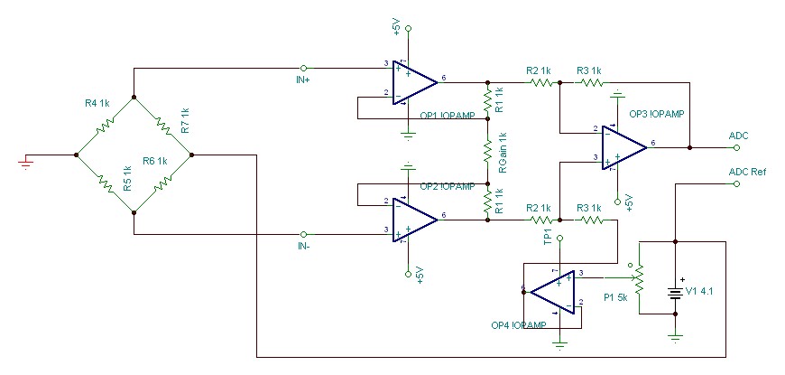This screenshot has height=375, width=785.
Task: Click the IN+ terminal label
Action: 303,80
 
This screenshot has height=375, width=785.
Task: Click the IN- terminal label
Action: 303,246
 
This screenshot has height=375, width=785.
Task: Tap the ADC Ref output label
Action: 747,172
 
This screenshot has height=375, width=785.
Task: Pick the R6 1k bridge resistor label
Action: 153,161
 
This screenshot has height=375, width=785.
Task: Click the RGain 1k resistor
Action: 487,151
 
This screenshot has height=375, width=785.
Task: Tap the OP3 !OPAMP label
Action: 656,113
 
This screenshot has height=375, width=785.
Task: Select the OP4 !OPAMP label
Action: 518,324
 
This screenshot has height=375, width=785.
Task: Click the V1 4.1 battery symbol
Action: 675,291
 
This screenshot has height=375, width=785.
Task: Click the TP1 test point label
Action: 547,237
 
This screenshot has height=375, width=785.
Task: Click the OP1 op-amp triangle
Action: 415,83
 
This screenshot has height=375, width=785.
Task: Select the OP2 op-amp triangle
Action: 415,220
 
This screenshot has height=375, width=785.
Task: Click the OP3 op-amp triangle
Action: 624,147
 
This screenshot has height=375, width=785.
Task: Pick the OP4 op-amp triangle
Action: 552,292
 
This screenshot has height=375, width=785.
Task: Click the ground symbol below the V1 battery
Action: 675,336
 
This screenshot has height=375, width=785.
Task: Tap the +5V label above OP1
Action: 397,26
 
